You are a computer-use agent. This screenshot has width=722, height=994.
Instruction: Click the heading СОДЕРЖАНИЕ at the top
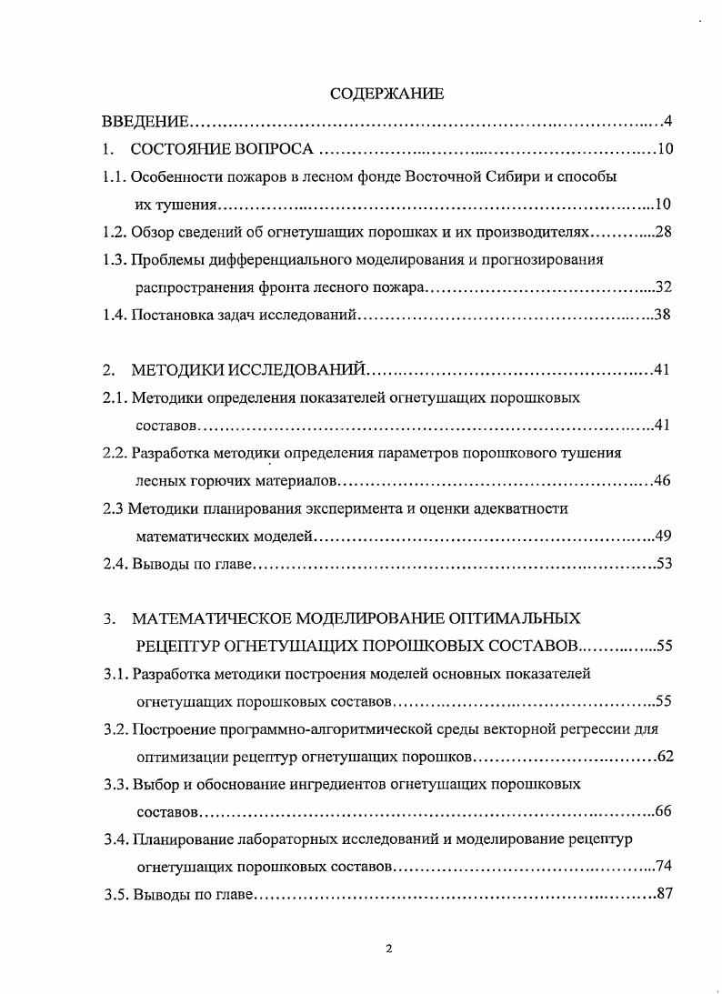click(x=386, y=94)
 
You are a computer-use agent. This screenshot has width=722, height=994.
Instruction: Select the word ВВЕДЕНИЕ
click(x=145, y=122)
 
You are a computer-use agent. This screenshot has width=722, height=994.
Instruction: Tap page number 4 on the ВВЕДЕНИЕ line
click(x=667, y=122)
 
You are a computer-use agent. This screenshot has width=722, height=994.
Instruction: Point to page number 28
click(x=662, y=232)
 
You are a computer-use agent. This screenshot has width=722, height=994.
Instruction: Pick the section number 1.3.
click(x=115, y=260)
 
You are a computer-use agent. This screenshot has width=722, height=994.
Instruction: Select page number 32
click(x=662, y=288)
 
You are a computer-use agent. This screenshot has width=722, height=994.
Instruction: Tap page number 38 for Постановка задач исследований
click(x=662, y=316)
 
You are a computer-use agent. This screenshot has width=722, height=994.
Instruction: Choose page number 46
click(x=662, y=480)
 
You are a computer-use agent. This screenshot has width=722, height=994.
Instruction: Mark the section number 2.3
click(x=113, y=508)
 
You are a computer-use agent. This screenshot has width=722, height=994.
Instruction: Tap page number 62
click(x=663, y=757)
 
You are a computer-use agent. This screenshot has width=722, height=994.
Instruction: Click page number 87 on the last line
click(x=663, y=893)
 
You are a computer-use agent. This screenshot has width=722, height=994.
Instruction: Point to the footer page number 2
click(x=389, y=949)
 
